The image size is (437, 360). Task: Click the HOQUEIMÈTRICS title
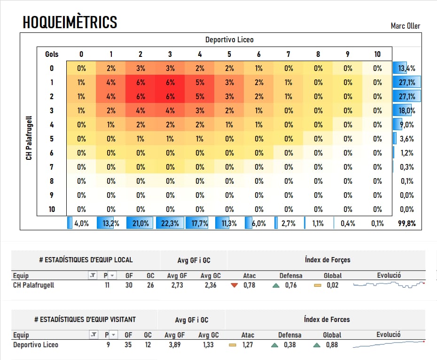70,22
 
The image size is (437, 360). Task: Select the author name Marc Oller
405,26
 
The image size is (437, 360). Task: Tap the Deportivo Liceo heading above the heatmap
229,40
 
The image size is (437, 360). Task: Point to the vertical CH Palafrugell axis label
29,138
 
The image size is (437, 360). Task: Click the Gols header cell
52,55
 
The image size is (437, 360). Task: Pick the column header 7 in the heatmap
288,55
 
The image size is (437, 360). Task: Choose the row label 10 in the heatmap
52,210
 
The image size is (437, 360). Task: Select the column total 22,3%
170,224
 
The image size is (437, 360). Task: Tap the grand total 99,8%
406,224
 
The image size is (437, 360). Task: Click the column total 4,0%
81,224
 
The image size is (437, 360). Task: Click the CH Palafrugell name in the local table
33,285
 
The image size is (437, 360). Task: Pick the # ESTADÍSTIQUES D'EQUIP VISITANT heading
85,320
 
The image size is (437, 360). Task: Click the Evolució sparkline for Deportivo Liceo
388,344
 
